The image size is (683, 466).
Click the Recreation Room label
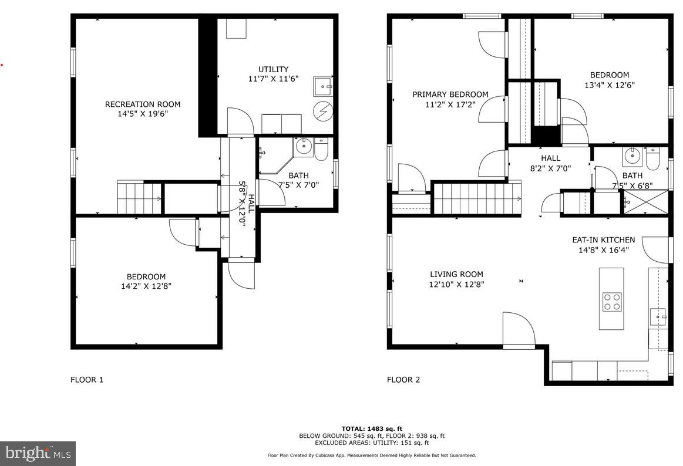(x=143, y=104)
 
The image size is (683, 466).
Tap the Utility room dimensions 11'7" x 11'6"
(x=273, y=78)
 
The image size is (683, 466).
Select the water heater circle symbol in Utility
(x=322, y=110)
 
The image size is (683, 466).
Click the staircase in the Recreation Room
(x=139, y=198)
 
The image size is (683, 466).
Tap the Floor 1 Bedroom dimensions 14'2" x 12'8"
(x=146, y=286)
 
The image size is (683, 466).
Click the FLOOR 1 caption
(x=87, y=380)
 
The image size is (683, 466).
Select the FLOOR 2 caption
(x=403, y=380)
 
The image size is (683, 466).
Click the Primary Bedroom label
(x=450, y=94)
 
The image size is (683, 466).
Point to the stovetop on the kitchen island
(x=611, y=302)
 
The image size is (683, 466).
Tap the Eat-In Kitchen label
(x=603, y=239)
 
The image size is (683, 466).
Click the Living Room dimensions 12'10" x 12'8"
(x=456, y=285)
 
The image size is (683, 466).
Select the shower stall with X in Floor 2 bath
(x=646, y=202)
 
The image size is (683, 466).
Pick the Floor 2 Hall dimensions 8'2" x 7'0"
(x=550, y=168)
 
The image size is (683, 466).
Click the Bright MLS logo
(x=38, y=453)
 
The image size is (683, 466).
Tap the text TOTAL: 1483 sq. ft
(x=372, y=429)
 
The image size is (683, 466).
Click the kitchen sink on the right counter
(x=658, y=318)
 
